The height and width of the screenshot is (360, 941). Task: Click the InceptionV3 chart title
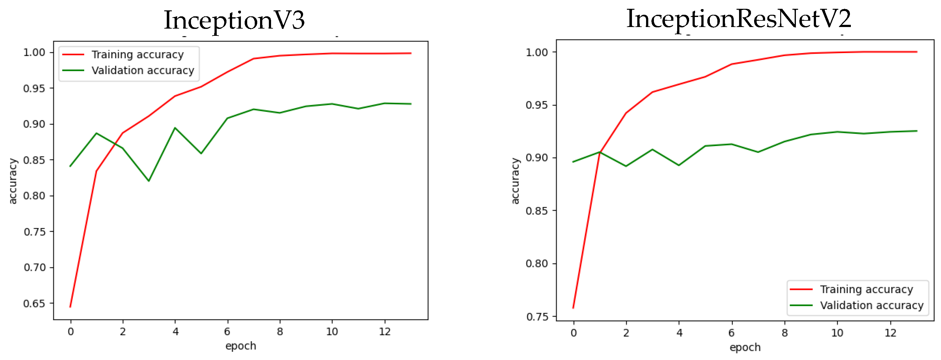pyautogui.click(x=234, y=20)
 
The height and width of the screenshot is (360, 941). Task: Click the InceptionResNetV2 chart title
pyautogui.click(x=739, y=19)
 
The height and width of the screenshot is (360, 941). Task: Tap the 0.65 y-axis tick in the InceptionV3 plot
pyautogui.click(x=34, y=303)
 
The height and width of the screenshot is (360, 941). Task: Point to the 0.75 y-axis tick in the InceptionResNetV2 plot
pyautogui.click(x=537, y=317)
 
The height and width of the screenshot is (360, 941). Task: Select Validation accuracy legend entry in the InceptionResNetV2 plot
pyautogui.click(x=872, y=305)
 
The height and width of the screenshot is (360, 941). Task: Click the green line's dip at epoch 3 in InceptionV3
pyautogui.click(x=149, y=181)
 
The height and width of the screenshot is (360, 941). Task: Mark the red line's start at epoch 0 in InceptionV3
pyautogui.click(x=70, y=307)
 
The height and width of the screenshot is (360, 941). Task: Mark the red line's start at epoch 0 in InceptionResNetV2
pyautogui.click(x=573, y=308)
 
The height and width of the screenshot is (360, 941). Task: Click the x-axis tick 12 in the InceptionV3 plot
pyautogui.click(x=385, y=331)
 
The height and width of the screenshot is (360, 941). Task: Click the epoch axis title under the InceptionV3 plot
pyautogui.click(x=240, y=346)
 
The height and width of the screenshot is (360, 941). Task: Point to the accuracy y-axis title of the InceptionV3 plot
pyautogui.click(x=13, y=181)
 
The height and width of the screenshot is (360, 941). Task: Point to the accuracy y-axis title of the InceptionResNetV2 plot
pyautogui.click(x=515, y=181)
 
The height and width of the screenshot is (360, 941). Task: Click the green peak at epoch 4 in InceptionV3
pyautogui.click(x=175, y=128)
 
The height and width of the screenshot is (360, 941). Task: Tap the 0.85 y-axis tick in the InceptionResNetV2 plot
pyautogui.click(x=537, y=211)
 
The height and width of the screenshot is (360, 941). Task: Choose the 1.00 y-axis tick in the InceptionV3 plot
pyautogui.click(x=34, y=52)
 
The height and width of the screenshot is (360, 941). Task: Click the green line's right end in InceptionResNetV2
pyautogui.click(x=917, y=131)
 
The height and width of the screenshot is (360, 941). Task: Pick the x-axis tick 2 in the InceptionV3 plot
pyautogui.click(x=123, y=331)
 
